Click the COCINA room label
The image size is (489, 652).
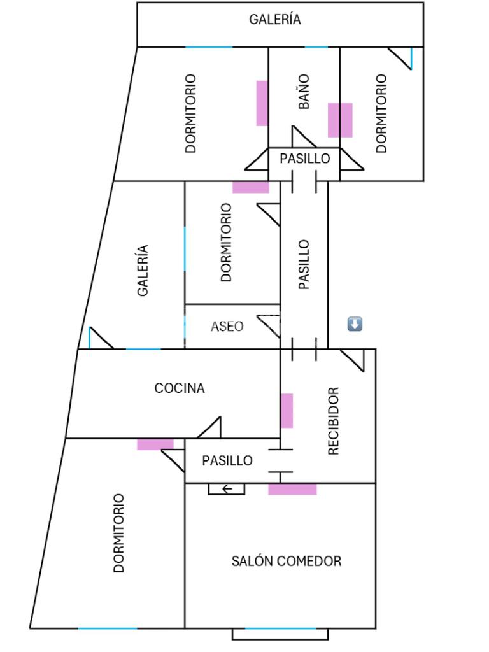pyautogui.click(x=180, y=388)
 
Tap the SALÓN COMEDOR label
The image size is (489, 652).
pyautogui.click(x=286, y=561)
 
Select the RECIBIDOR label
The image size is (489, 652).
pyautogui.click(x=333, y=421)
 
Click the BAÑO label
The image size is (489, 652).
pyautogui.click(x=304, y=91)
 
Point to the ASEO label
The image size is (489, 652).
pyautogui.click(x=227, y=326)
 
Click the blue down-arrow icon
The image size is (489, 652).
pyautogui.click(x=355, y=324)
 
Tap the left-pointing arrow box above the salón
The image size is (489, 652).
pyautogui.click(x=226, y=489)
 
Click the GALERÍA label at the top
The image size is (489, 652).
pyautogui.click(x=274, y=19)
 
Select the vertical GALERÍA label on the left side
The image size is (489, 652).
pyautogui.click(x=143, y=271)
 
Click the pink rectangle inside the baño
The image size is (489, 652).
pyautogui.click(x=340, y=120)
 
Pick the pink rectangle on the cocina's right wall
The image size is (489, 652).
pyautogui.click(x=287, y=411)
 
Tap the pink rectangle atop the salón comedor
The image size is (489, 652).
pyautogui.click(x=292, y=489)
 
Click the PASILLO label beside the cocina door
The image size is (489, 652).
pyautogui.click(x=227, y=460)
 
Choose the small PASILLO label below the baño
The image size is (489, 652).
pyautogui.click(x=305, y=158)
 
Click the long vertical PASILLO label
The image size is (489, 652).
pyautogui.click(x=304, y=264)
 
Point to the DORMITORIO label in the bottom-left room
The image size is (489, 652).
pyautogui.click(x=118, y=533)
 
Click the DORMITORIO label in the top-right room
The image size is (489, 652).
pyautogui.click(x=381, y=113)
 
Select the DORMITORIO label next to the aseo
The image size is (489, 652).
pyautogui.click(x=226, y=242)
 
